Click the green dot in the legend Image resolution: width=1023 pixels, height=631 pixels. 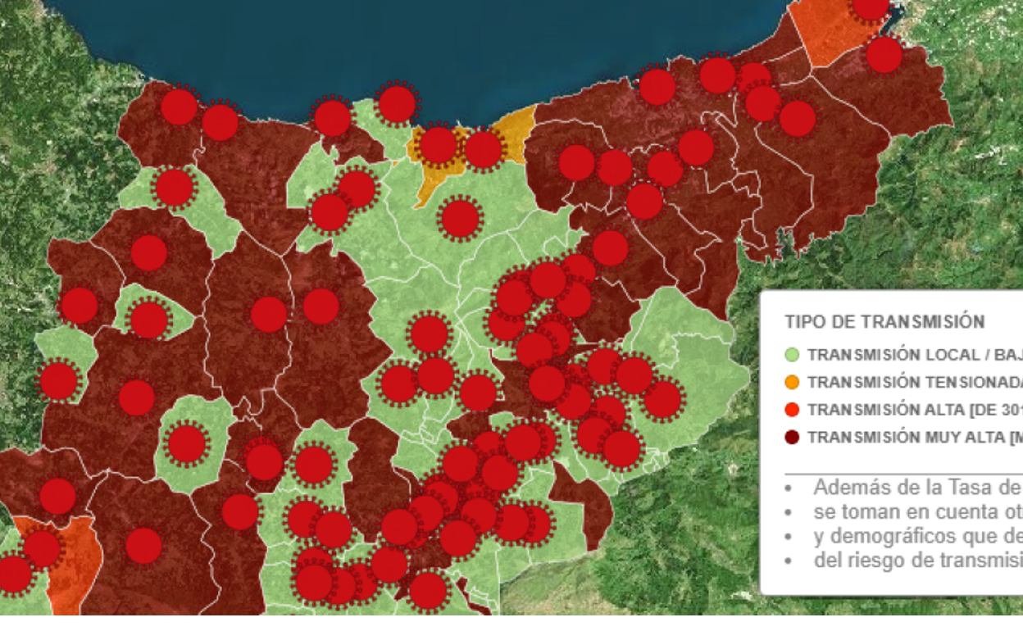click(792, 355)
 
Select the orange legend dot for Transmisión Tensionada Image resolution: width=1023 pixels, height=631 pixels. click(792, 382)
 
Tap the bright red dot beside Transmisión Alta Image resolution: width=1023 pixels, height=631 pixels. click(792, 409)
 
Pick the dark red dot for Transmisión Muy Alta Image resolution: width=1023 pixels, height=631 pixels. click(792, 437)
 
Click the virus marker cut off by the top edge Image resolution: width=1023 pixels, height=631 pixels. click(870, 7)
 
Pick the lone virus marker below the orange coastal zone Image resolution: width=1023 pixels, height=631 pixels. click(460, 219)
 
